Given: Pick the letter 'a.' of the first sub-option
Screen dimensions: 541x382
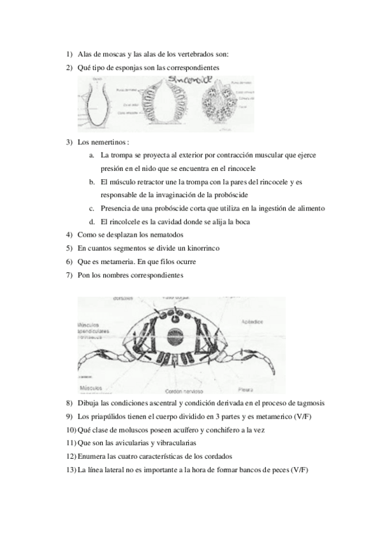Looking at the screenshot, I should pyautogui.click(x=93, y=155).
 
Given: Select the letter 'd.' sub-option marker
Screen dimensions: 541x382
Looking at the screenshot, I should pyautogui.click(x=93, y=222).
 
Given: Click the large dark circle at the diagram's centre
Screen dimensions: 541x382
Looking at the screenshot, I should pyautogui.click(x=175, y=337).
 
